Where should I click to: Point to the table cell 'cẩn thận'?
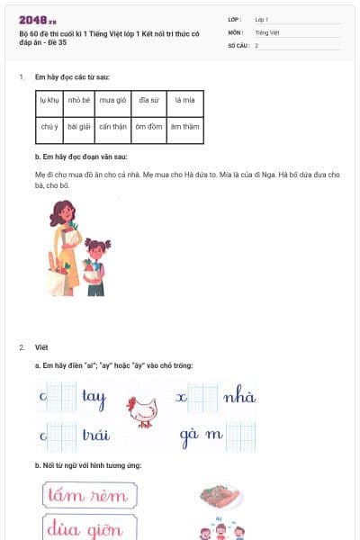(x=114, y=127)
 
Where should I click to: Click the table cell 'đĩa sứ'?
(x=148, y=102)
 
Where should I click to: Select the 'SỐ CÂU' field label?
(x=238, y=45)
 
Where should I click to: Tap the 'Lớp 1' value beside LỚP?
(x=262, y=19)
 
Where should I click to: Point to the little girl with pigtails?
(x=95, y=265)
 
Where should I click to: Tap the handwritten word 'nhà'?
(x=239, y=397)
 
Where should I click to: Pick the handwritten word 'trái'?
(x=95, y=435)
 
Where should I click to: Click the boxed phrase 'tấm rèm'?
(x=89, y=496)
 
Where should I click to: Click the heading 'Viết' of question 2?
(x=41, y=346)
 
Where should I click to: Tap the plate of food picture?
(x=220, y=496)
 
